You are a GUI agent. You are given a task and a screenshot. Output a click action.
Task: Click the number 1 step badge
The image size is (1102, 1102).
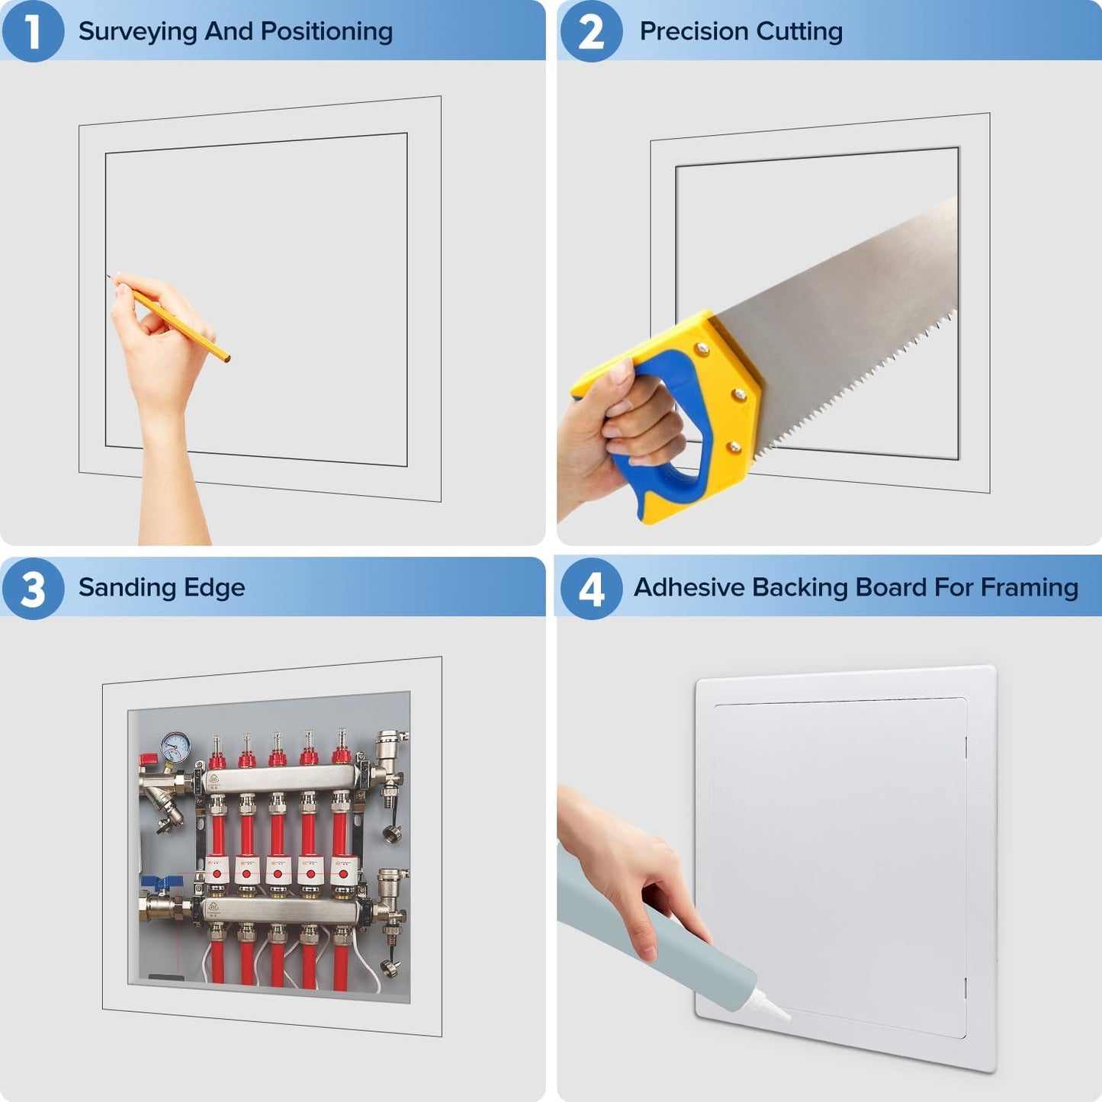tap(33, 31)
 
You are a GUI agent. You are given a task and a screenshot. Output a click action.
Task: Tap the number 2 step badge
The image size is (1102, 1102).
tap(591, 31)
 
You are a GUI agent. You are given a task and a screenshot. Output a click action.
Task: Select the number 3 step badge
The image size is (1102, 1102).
tap(33, 589)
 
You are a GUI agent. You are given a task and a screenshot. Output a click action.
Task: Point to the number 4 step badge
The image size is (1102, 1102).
tap(591, 589)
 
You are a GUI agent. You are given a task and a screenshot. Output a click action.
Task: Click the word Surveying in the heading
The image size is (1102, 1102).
tap(138, 32)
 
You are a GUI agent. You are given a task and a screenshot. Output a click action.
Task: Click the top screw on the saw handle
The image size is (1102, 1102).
tap(701, 347)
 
